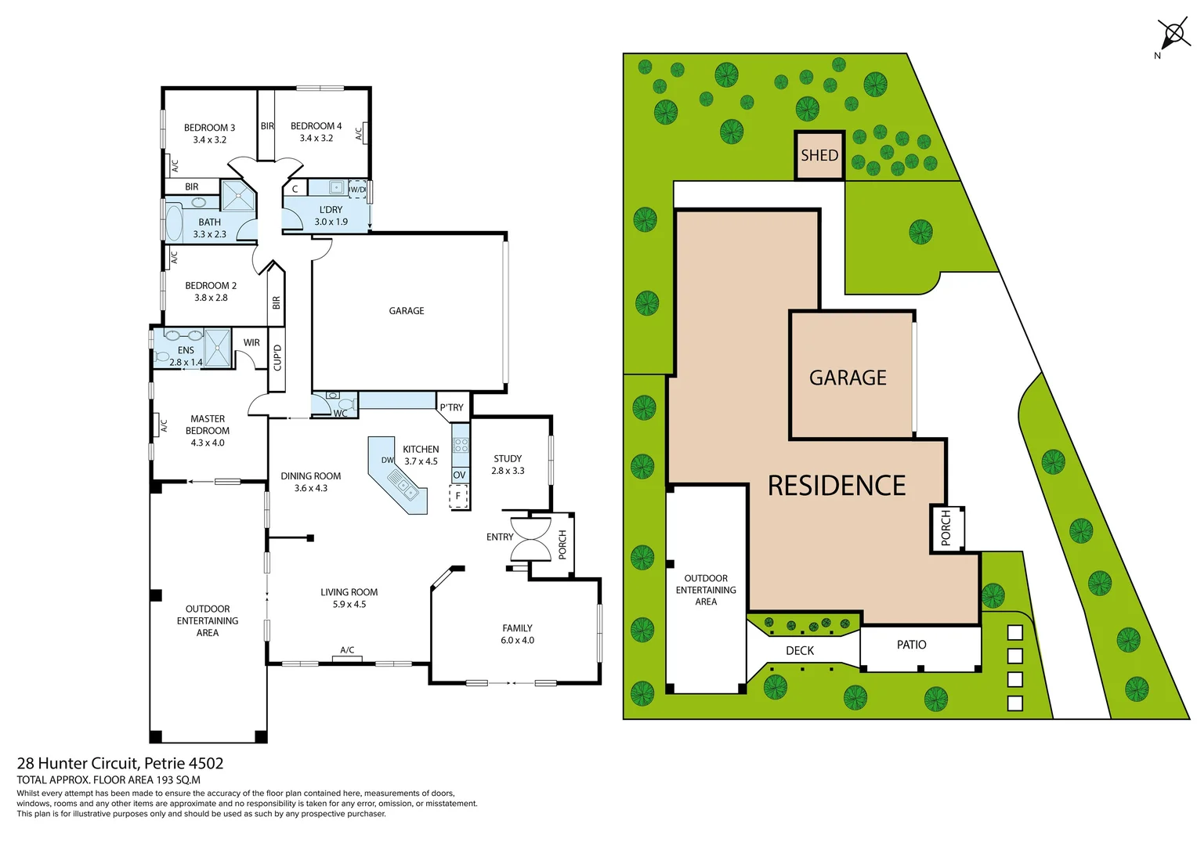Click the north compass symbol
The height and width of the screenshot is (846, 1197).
tap(1173, 34)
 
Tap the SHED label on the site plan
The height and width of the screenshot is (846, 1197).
tap(819, 155)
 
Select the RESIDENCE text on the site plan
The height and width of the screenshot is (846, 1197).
tap(836, 486)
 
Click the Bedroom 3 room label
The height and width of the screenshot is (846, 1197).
tap(209, 128)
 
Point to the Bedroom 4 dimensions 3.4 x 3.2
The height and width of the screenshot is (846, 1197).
tap(316, 139)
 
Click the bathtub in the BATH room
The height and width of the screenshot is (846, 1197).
tap(173, 223)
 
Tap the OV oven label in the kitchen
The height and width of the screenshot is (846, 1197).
tap(459, 475)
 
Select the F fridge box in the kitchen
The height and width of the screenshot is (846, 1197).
tap(458, 496)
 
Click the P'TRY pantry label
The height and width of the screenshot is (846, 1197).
tap(451, 407)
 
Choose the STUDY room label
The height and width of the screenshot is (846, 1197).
tap(508, 459)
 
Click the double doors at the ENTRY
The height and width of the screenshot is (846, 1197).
tap(530, 538)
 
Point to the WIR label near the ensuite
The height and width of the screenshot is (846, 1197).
tap(251, 342)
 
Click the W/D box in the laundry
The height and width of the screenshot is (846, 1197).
tap(357, 189)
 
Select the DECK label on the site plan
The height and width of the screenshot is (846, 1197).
tap(799, 651)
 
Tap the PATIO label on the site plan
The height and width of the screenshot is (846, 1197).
tap(911, 645)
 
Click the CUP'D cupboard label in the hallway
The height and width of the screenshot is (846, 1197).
tap(277, 357)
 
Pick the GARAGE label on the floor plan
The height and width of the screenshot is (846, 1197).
tap(407, 311)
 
